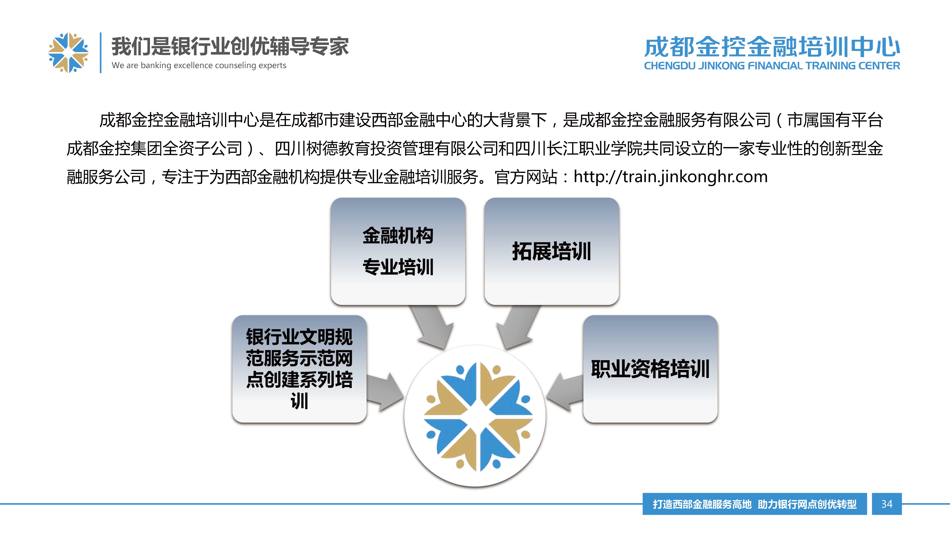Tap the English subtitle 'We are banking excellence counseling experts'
(199, 66)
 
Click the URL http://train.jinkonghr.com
(670, 177)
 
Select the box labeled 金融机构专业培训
(398, 251)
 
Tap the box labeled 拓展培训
(551, 251)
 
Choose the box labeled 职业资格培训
(650, 369)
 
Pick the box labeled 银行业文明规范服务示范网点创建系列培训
(299, 369)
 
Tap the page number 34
(887, 504)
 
